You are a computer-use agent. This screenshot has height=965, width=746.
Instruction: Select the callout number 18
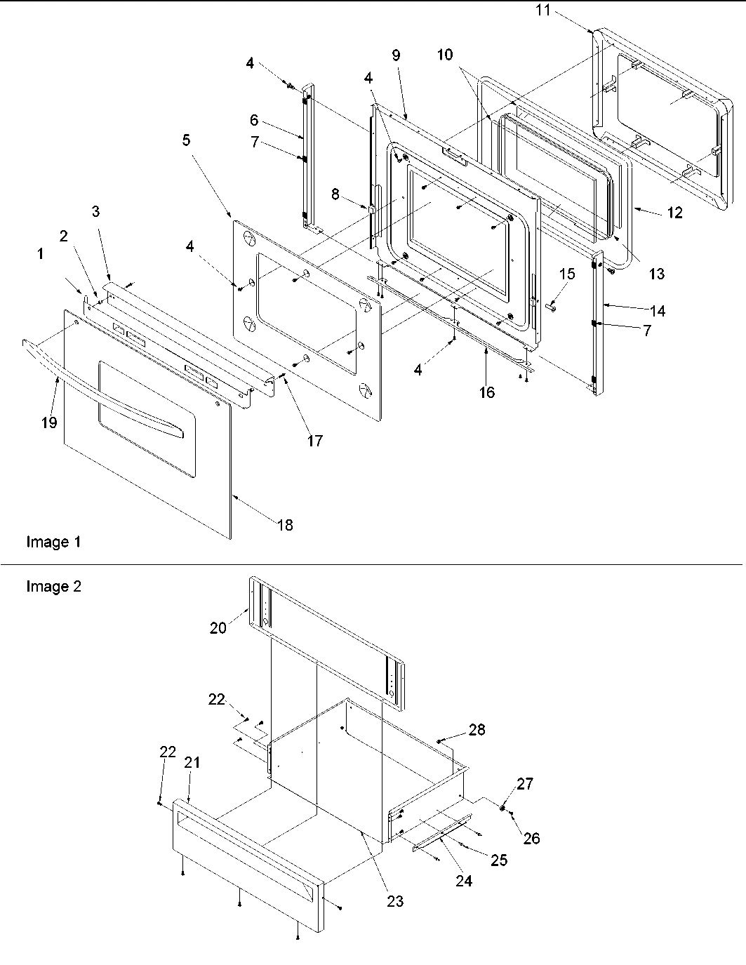(x=285, y=524)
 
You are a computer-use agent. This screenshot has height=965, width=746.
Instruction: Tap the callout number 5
(x=186, y=140)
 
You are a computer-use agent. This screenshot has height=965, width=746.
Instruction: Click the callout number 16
(x=486, y=392)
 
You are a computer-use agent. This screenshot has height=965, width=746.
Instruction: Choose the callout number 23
(x=395, y=900)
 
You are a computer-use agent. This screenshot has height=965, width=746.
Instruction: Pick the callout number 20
(x=218, y=627)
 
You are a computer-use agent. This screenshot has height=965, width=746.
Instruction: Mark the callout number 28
(x=477, y=730)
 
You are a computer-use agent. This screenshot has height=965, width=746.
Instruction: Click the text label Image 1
(x=53, y=542)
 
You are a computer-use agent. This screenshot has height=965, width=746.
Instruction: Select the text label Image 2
(x=53, y=587)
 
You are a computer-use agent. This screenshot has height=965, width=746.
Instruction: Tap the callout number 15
(x=567, y=273)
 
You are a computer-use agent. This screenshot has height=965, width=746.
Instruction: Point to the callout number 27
(x=525, y=784)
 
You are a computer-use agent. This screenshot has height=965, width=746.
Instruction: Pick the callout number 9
(x=397, y=55)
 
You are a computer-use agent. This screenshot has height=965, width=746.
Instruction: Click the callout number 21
(x=192, y=762)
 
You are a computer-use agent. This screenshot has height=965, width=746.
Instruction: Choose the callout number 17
(x=314, y=440)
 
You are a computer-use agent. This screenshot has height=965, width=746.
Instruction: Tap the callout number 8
(x=335, y=194)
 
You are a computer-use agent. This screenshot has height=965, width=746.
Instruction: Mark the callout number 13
(x=656, y=274)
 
